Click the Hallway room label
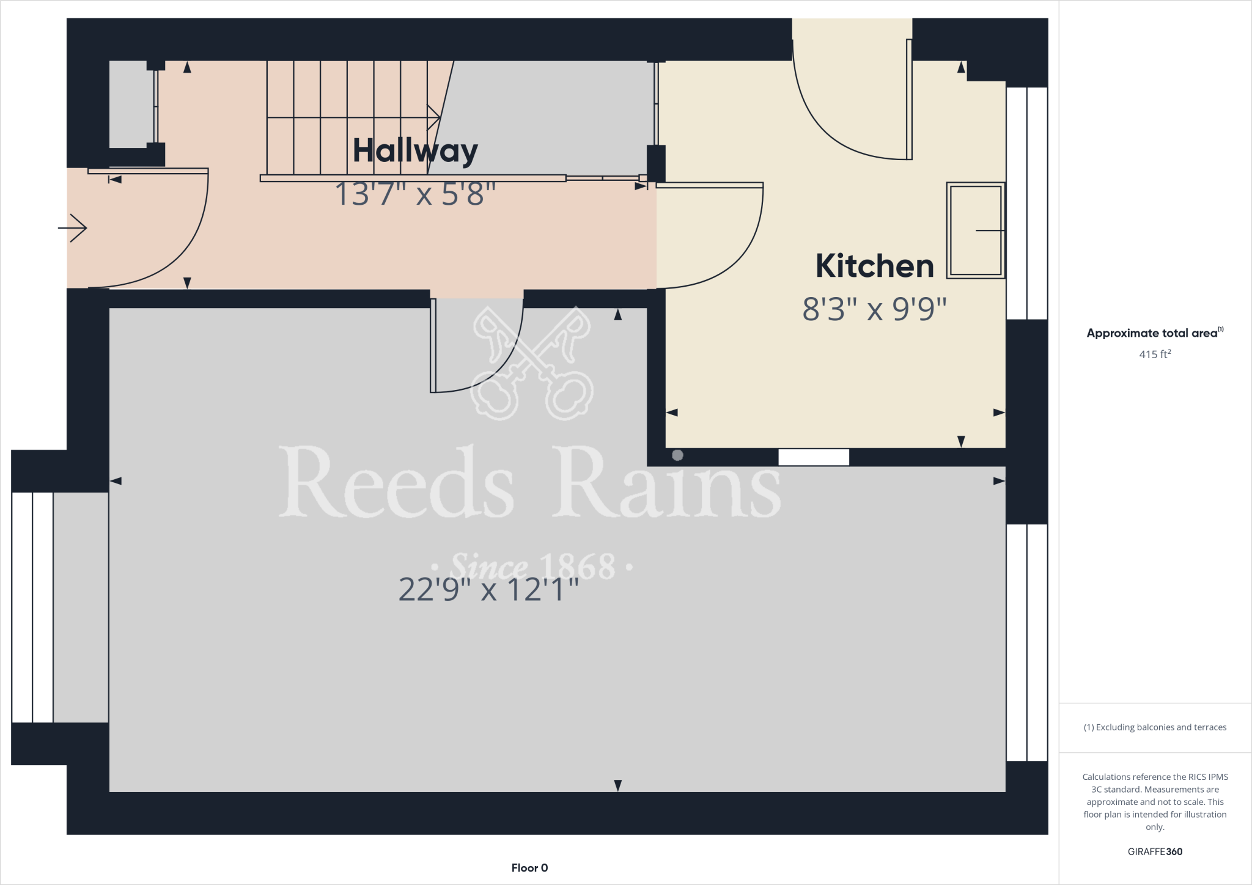click(x=415, y=150)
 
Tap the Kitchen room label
click(x=874, y=266)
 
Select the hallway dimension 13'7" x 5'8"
click(x=415, y=194)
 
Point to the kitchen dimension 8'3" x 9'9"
click(x=874, y=309)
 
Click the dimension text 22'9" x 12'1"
click(x=488, y=590)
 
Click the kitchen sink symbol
click(x=975, y=230)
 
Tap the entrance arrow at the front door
click(x=73, y=228)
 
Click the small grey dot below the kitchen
click(x=677, y=455)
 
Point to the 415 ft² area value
click(x=1154, y=354)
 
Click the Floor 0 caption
click(x=529, y=868)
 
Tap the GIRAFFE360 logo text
click(x=1155, y=851)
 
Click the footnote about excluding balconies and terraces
click(x=1155, y=727)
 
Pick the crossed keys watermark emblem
click(x=532, y=363)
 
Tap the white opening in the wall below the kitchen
click(x=814, y=457)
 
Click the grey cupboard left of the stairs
click(x=131, y=104)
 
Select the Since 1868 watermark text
click(x=532, y=567)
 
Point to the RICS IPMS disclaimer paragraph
click(x=1155, y=801)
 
